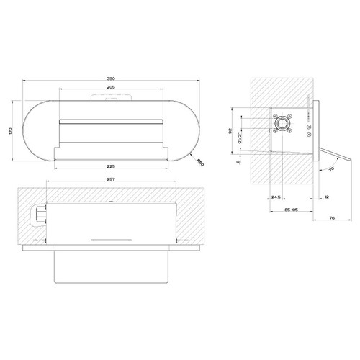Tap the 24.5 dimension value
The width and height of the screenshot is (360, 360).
277,197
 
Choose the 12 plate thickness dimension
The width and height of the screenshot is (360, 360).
326,197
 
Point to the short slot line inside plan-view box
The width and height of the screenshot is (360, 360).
112,237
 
